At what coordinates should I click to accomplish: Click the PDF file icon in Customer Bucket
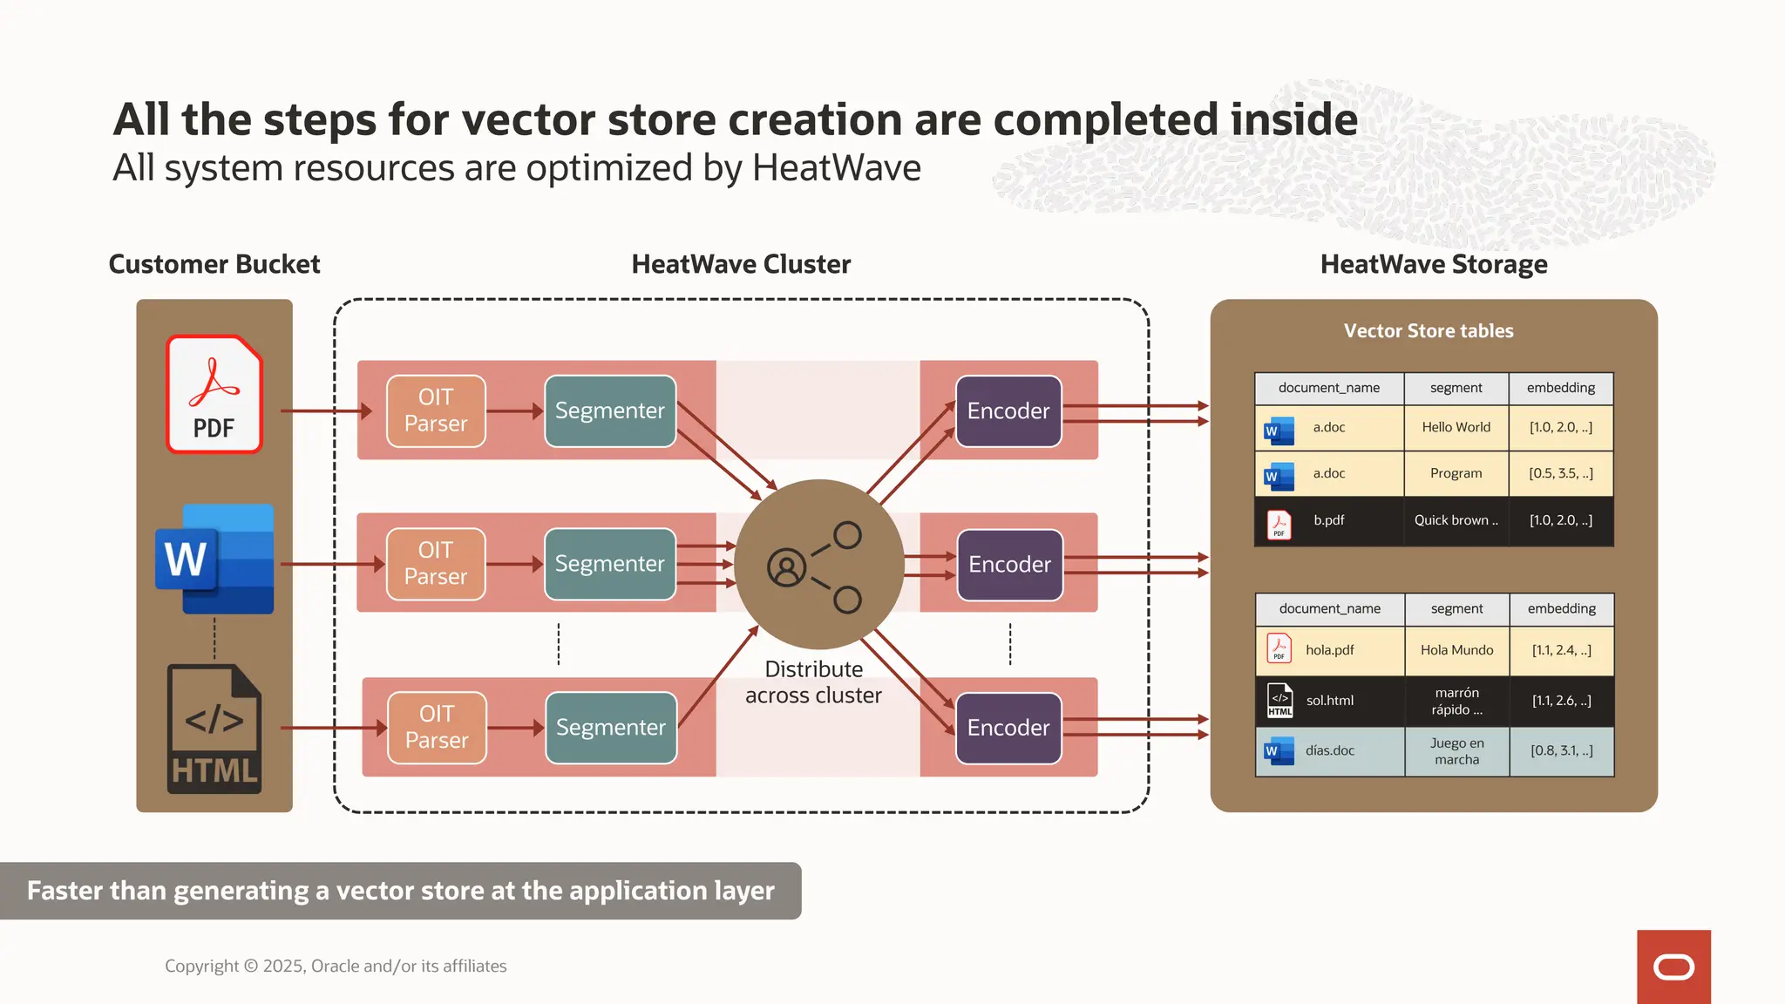[214, 394]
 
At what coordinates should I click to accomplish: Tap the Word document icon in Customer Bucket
[214, 559]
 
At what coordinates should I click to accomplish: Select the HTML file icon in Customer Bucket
[214, 729]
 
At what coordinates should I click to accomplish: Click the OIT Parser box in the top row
[436, 410]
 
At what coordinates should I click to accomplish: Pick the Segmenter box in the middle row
[610, 564]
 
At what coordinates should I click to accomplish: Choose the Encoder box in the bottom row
[1008, 728]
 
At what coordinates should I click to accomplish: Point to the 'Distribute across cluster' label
[813, 682]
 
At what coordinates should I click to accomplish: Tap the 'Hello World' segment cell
[1456, 427]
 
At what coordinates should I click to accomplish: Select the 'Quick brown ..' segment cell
[1456, 520]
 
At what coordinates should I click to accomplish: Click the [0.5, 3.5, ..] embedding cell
[1560, 473]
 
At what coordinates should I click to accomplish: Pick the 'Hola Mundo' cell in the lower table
[1456, 650]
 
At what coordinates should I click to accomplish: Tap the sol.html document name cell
[1329, 701]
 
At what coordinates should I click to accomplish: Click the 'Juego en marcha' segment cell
[1456, 751]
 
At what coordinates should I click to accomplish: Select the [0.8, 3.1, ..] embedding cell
[1561, 750]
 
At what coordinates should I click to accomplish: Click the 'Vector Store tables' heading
[1429, 331]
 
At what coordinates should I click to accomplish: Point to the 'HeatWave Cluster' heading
[741, 264]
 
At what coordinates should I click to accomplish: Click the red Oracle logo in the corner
[1673, 967]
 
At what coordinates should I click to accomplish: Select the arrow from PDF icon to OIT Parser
[326, 410]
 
